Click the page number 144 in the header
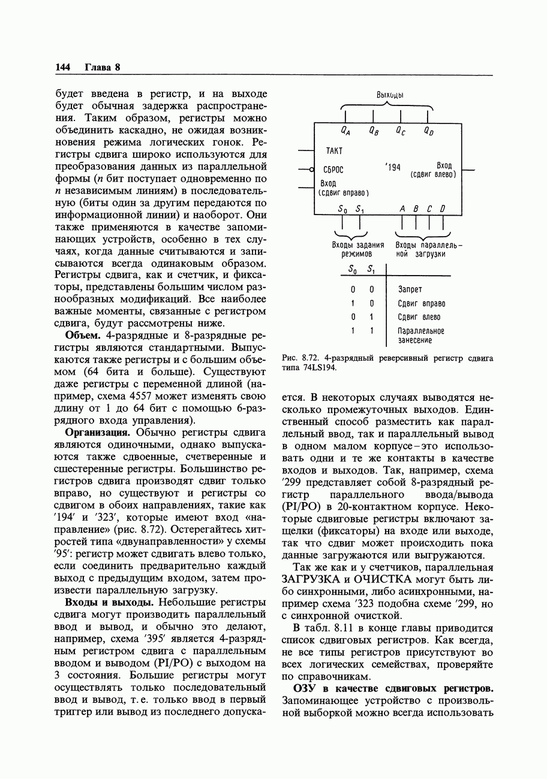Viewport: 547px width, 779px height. [x=62, y=67]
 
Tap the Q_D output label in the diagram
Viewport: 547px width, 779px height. [x=428, y=130]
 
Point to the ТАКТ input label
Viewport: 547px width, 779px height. [x=334, y=151]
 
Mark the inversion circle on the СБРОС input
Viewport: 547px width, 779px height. [x=312, y=170]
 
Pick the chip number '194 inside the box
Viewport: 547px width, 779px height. [x=392, y=168]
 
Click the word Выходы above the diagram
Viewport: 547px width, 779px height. [x=389, y=95]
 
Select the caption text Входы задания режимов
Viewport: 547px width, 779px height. [x=357, y=249]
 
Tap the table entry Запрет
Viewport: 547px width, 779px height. [x=410, y=289]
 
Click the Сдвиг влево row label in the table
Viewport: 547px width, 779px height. [x=419, y=317]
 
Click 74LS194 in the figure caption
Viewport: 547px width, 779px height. [x=318, y=368]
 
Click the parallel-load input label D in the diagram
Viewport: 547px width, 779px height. [x=443, y=209]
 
